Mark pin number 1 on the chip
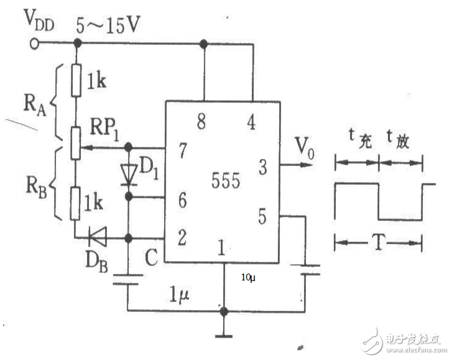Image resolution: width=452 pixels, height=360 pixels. [x=222, y=247]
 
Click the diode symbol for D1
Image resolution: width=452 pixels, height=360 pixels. [x=128, y=174]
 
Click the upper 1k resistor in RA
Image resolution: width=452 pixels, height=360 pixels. [x=76, y=81]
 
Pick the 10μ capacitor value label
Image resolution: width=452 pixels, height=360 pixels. [x=248, y=278]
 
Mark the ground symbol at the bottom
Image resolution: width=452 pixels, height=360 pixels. [x=223, y=336]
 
